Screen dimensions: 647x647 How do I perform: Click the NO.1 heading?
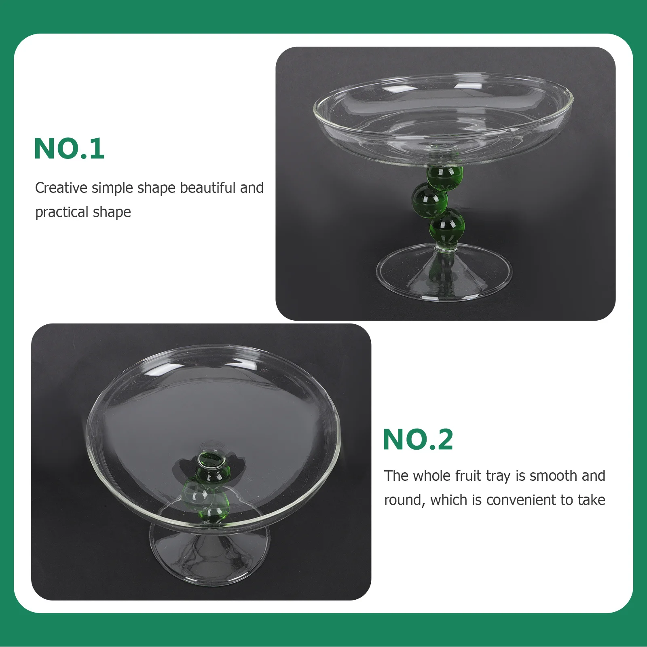[69, 149]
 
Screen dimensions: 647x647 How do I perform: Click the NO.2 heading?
[418, 440]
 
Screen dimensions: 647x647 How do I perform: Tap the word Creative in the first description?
[61, 188]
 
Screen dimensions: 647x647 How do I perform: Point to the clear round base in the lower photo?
[209, 554]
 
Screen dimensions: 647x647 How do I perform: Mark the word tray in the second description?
[499, 476]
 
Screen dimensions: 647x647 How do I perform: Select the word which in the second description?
[449, 500]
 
